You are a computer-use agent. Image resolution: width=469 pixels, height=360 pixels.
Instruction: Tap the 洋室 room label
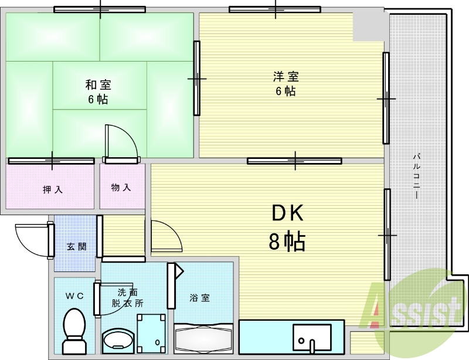(286, 77)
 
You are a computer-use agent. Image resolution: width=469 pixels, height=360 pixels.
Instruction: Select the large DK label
(287, 215)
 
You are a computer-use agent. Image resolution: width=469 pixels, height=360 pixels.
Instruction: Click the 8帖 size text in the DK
(287, 241)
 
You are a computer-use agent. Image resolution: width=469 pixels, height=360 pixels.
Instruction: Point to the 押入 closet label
(52, 189)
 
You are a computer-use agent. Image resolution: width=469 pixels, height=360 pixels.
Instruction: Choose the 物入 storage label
(121, 188)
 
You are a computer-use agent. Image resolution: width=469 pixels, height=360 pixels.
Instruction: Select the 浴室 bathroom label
(199, 298)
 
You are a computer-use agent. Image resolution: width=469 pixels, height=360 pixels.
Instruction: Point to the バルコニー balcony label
(416, 176)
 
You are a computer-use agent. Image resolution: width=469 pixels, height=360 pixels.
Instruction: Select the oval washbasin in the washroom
(117, 340)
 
